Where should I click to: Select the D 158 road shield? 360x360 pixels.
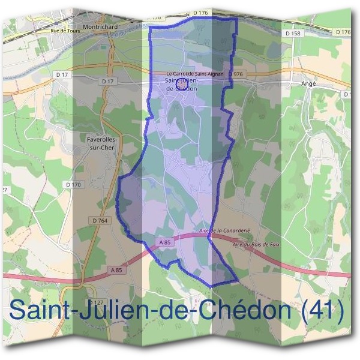pos(293,34)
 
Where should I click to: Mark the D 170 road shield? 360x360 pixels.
pos(73,185)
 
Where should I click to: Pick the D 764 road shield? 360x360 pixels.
pos(100,220)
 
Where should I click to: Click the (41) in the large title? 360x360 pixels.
pos(323,311)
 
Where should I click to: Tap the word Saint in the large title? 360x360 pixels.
pos(43,311)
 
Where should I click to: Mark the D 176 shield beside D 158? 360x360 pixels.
pos(343,32)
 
